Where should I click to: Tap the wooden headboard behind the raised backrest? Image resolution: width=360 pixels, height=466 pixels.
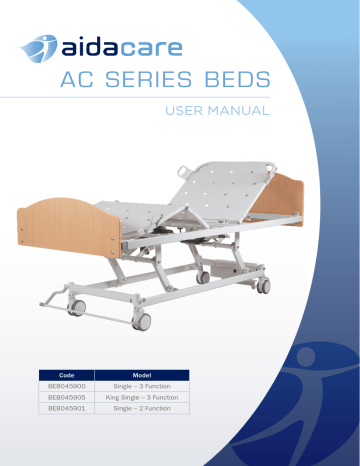(284, 197)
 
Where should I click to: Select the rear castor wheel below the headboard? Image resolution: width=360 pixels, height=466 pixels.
(263, 285)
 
